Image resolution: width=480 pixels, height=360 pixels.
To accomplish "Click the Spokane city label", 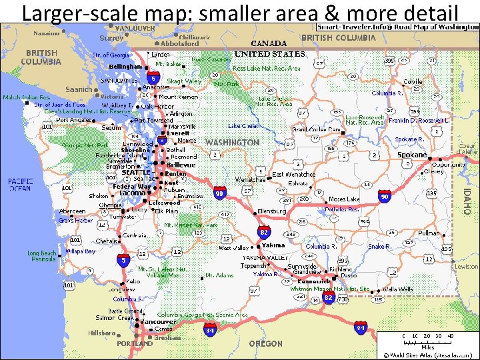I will pos(411,155).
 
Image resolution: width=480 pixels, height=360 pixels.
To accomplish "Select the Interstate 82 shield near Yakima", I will pos(264,232).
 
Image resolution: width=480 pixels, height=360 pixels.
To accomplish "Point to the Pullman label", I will pos(429,233).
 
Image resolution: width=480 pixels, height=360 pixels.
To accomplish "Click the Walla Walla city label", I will pos(397,289).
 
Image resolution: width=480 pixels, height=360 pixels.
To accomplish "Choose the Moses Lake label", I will pos(344,199).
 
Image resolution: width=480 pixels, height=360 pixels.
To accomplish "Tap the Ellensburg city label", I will pos(271,211).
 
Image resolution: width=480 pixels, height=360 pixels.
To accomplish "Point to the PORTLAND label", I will pos(135,344).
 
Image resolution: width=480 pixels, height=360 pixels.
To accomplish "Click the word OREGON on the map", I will pos(265,343).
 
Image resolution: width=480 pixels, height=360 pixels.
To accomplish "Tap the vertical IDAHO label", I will pos(467,199).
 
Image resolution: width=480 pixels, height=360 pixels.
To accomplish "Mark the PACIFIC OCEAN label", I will pos(20,185).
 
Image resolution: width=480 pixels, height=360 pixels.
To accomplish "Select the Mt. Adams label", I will pos(219,275).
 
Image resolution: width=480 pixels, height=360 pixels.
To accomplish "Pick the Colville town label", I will pos(413,82).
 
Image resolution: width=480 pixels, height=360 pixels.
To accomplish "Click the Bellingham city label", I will pos(125,67).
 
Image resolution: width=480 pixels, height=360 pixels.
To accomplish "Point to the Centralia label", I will pos(135,235).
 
